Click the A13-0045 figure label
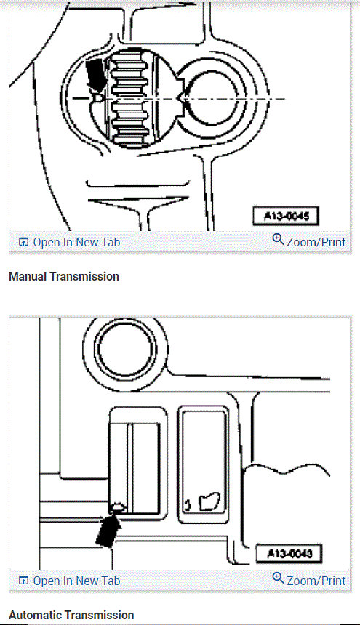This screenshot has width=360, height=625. (x=286, y=216)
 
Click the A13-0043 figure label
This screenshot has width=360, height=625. (x=289, y=555)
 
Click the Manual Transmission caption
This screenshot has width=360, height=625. (x=64, y=276)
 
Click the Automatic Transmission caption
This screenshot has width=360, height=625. (x=71, y=615)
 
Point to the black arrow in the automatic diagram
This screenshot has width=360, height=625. (x=106, y=528)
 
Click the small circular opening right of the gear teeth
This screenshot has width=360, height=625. (x=212, y=97)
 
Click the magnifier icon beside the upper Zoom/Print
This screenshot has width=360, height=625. (x=278, y=240)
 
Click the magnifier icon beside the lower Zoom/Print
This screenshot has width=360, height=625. (x=278, y=578)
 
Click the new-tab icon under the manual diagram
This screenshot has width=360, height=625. (x=23, y=242)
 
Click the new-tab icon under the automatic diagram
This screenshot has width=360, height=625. (x=23, y=581)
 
